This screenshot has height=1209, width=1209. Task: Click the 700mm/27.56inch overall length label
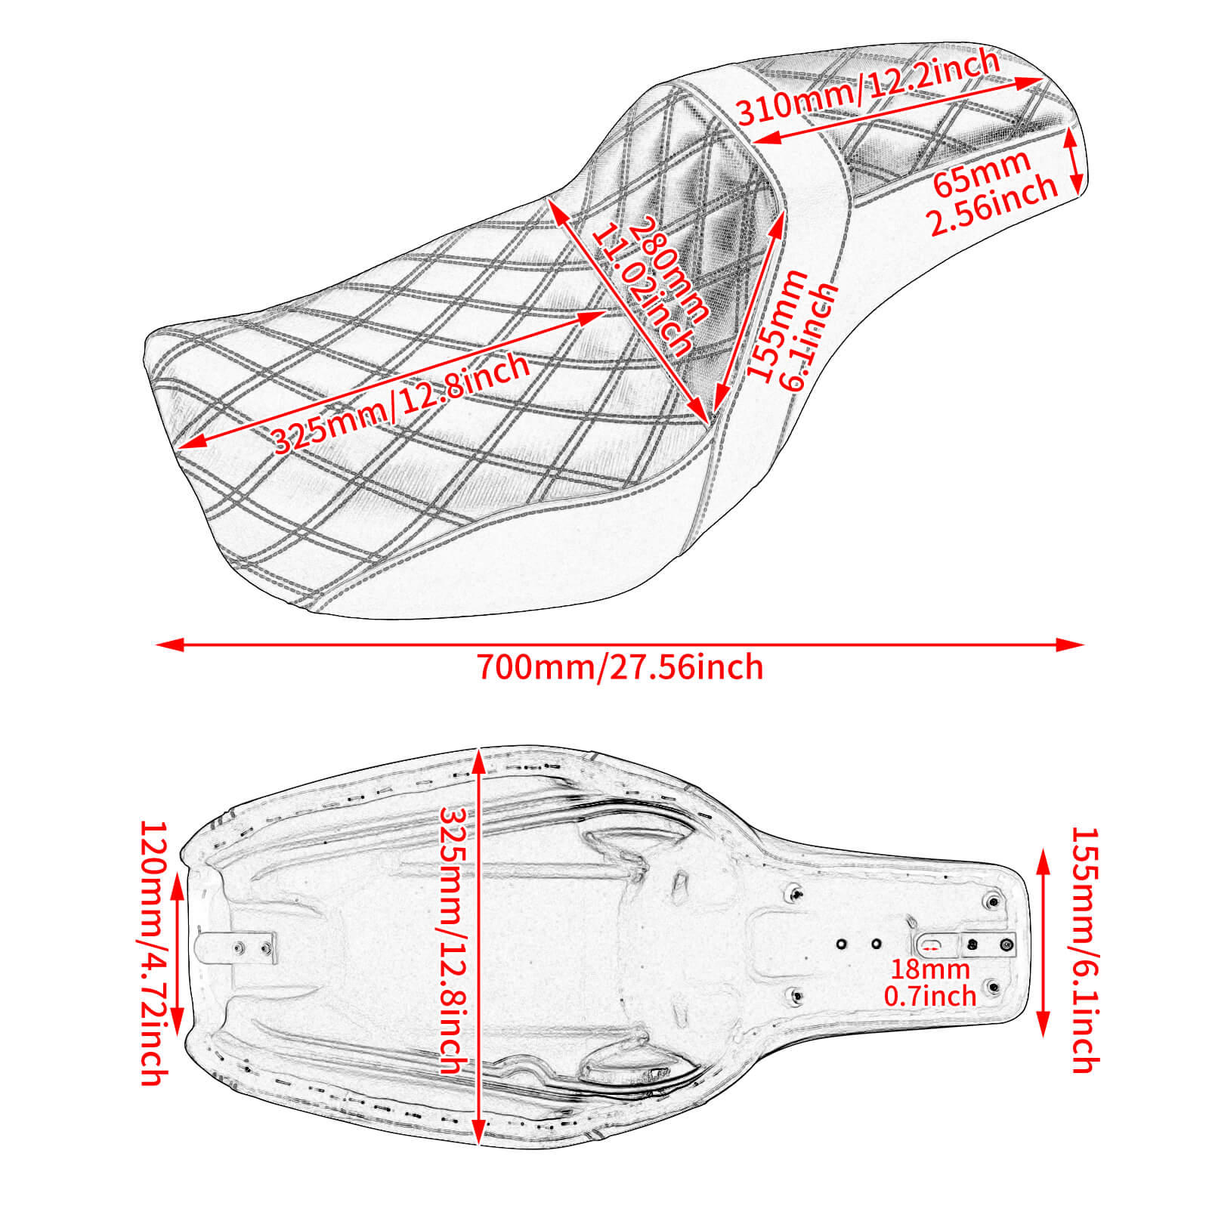pyautogui.click(x=620, y=668)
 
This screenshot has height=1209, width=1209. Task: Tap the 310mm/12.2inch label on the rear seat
pyautogui.click(x=869, y=88)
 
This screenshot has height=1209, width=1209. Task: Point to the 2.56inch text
pyautogui.click(x=993, y=206)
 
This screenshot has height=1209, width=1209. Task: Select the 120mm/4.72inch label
pyautogui.click(x=152, y=954)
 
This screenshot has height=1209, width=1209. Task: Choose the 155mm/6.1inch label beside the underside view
pyautogui.click(x=1084, y=950)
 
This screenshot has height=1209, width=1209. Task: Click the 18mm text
pyautogui.click(x=929, y=969)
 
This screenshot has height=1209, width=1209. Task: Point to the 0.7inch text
pyautogui.click(x=930, y=996)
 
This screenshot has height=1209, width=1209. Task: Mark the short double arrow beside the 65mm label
pyautogui.click(x=1075, y=161)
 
